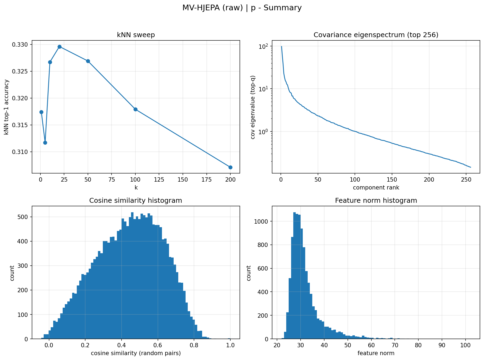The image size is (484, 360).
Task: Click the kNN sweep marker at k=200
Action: tap(230, 167)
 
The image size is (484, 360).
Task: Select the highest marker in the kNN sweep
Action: tap(59, 47)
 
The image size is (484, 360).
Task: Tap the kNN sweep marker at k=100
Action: tap(135, 109)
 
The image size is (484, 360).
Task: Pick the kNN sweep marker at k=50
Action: tap(88, 61)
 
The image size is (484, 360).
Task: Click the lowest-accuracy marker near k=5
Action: tap(45, 143)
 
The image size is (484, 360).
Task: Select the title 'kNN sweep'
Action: tap(136, 35)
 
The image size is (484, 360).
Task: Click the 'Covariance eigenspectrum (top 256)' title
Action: tap(376, 35)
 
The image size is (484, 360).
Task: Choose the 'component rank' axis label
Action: tap(376, 187)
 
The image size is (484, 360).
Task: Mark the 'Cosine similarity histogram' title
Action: tap(136, 201)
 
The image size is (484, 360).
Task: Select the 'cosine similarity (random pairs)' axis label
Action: tap(136, 353)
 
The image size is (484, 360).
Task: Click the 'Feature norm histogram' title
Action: tap(376, 201)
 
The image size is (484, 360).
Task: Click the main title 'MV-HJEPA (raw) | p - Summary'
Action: tap(242, 8)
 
